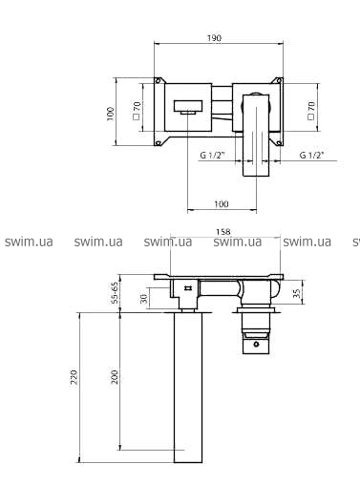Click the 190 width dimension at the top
click(214, 38)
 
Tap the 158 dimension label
click(225, 232)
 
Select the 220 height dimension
click(74, 377)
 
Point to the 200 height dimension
click(115, 377)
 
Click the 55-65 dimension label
click(115, 293)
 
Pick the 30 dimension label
click(144, 299)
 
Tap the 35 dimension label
click(297, 293)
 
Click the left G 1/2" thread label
click(213, 155)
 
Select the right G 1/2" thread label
click(312, 155)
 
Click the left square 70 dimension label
click(137, 111)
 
